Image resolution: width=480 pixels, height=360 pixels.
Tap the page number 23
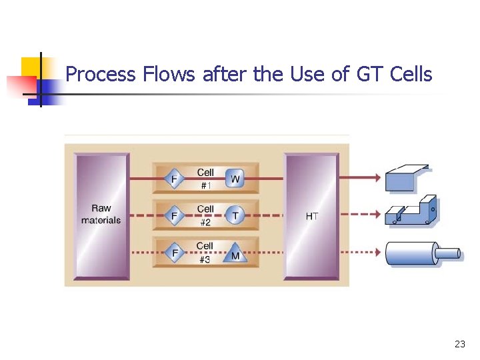[459, 344]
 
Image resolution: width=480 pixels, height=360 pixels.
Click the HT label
[311, 217]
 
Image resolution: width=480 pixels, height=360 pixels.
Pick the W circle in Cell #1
[235, 179]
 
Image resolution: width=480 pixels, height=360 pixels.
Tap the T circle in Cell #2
[235, 215]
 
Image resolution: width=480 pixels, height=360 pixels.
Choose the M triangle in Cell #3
[235, 254]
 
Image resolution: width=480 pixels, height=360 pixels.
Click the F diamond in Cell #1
[175, 179]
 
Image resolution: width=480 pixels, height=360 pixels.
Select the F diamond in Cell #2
[175, 216]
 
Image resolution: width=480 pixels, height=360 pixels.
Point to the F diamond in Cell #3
[175, 254]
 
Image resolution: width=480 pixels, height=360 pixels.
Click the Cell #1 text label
[205, 179]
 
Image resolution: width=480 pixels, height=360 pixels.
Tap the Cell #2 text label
[205, 215]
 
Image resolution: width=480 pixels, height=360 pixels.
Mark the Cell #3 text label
[205, 253]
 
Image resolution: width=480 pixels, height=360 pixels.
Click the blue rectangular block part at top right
[407, 178]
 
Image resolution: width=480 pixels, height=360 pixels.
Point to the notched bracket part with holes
[413, 211]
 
